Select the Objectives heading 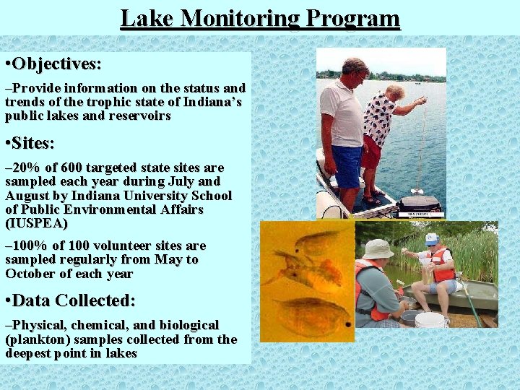click(56, 64)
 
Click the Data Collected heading click(73, 300)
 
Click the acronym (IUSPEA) click(36, 223)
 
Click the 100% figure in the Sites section click(32, 246)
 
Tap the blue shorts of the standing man click(347, 165)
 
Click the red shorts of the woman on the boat click(371, 152)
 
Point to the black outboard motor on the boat click(419, 203)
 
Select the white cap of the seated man click(432, 238)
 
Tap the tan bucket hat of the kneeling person click(378, 248)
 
